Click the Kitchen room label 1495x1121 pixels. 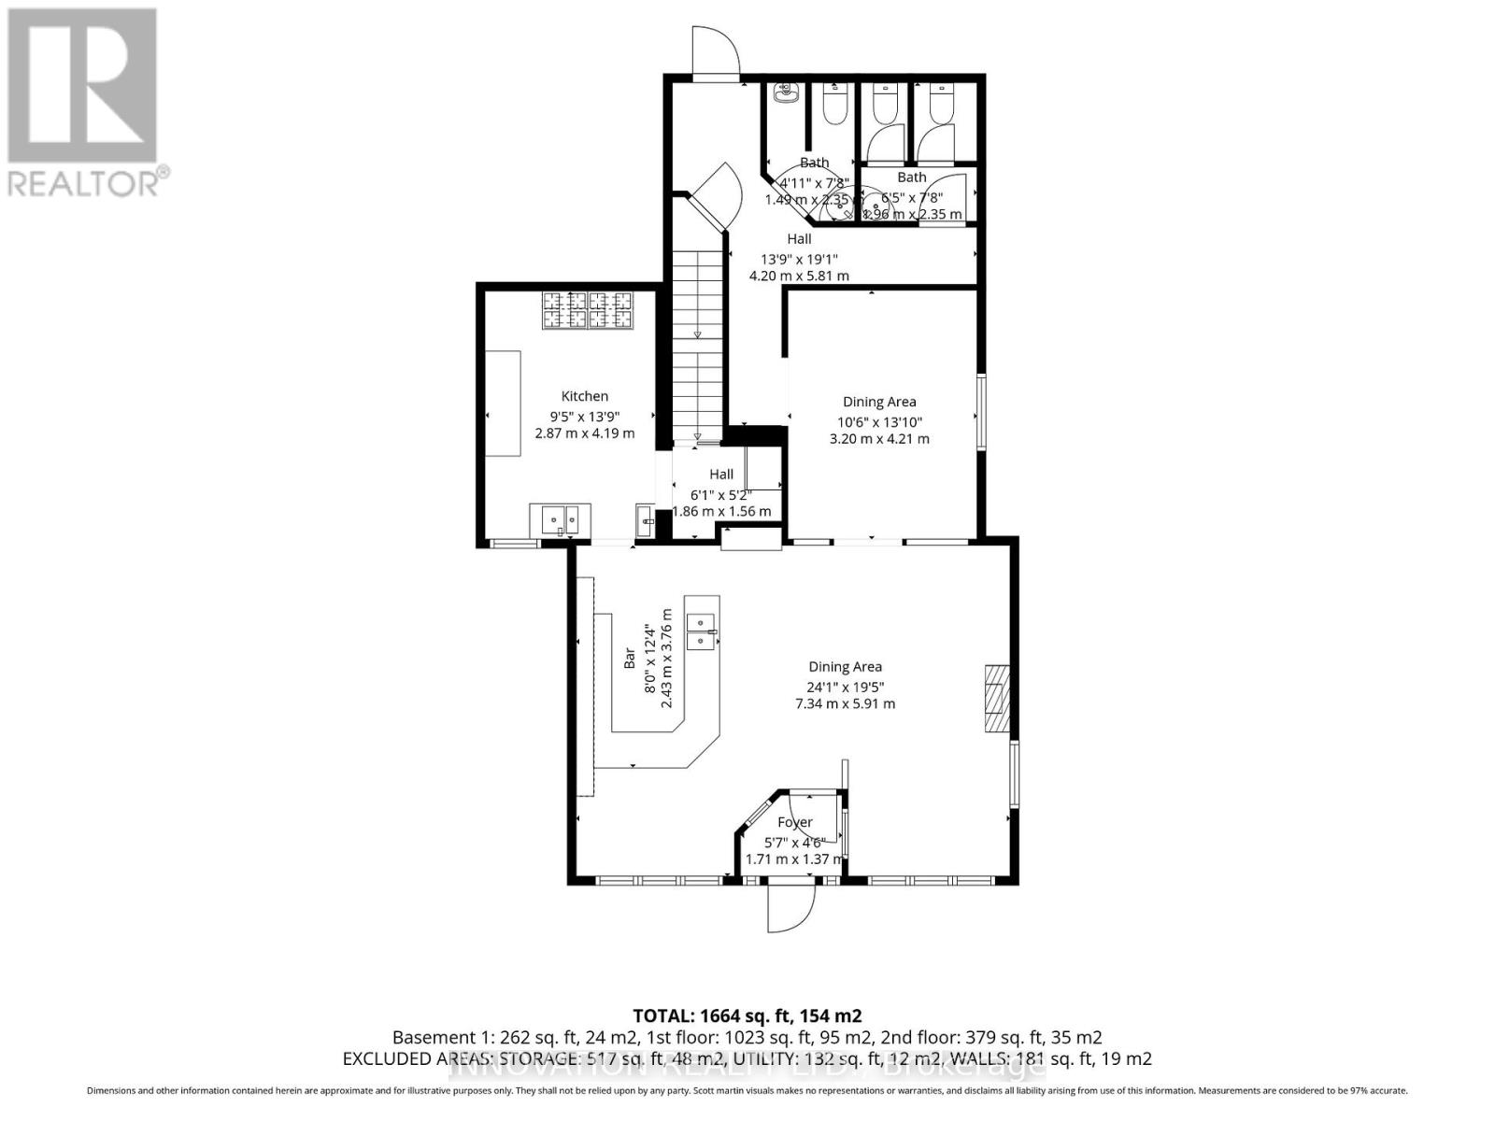(x=584, y=396)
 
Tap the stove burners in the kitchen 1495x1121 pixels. (x=588, y=310)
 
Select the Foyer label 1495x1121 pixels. (x=795, y=822)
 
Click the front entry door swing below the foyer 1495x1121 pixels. (x=790, y=909)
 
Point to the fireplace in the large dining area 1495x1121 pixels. (x=997, y=698)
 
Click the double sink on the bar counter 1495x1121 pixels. (x=701, y=631)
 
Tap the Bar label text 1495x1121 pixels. (x=630, y=660)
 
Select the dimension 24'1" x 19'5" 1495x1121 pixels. (x=845, y=686)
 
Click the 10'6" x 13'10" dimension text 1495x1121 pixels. (x=878, y=420)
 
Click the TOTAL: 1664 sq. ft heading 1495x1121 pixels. (x=747, y=1015)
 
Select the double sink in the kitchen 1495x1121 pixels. (x=560, y=518)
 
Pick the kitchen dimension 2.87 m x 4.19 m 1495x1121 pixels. (x=584, y=433)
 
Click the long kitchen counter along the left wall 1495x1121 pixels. (x=502, y=404)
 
